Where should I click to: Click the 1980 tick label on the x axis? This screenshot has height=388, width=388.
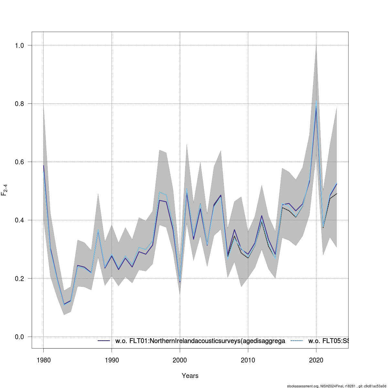(x=43, y=360)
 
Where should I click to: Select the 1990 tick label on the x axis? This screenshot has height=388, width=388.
(x=112, y=360)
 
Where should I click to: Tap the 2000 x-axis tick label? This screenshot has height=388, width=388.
(x=180, y=360)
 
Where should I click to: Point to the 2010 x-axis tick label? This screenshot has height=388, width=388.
(x=248, y=360)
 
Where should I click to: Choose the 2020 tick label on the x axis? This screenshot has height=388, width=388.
(x=316, y=360)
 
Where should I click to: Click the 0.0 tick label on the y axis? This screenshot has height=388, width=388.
(x=19, y=337)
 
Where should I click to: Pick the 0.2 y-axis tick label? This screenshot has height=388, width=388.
(x=19, y=278)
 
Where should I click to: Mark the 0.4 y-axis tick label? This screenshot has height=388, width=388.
(x=19, y=220)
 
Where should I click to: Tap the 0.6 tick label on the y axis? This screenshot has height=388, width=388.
(x=19, y=162)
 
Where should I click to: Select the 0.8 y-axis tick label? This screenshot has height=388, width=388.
(x=19, y=104)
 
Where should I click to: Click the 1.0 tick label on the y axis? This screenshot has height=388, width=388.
(x=19, y=46)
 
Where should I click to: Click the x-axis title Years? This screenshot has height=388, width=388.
(x=190, y=376)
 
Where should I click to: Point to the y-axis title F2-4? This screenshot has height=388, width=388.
(x=5, y=189)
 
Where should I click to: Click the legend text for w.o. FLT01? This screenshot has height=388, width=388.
(x=200, y=341)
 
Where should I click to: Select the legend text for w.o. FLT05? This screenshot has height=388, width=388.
(x=328, y=341)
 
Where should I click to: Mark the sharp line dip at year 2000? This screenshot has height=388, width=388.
(x=180, y=282)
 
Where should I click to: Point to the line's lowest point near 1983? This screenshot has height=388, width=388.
(x=64, y=304)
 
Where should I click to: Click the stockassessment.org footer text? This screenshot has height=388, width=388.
(x=336, y=386)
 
